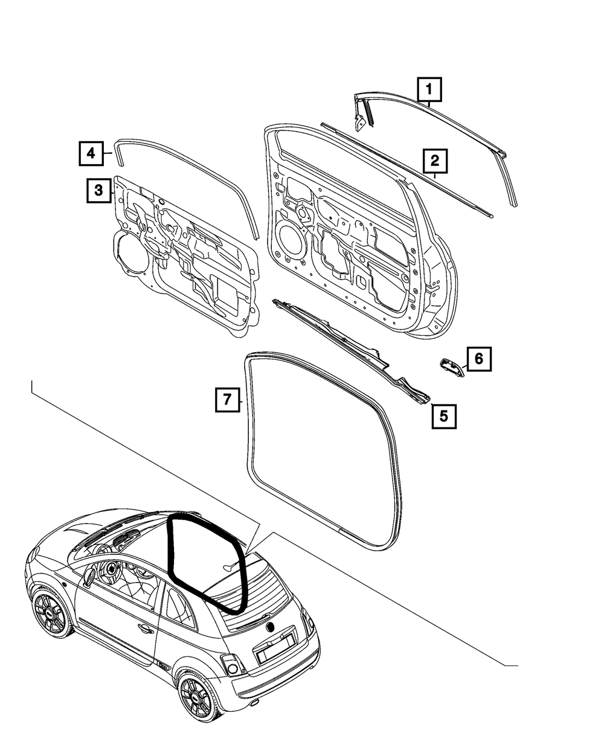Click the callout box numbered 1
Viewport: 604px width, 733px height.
pos(429,91)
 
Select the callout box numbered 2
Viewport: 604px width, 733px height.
pos(434,162)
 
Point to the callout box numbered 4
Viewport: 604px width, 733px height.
pos(90,153)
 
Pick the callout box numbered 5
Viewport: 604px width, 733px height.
pos(443,415)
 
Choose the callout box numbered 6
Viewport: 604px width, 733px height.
pos(478,359)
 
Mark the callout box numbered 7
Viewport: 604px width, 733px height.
pos(227,400)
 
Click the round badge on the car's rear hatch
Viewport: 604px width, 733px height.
pos(270,626)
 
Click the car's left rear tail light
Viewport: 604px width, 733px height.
pos(232,665)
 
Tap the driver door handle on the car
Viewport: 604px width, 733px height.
pos(146,629)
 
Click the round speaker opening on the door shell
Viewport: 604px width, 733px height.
pos(291,241)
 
